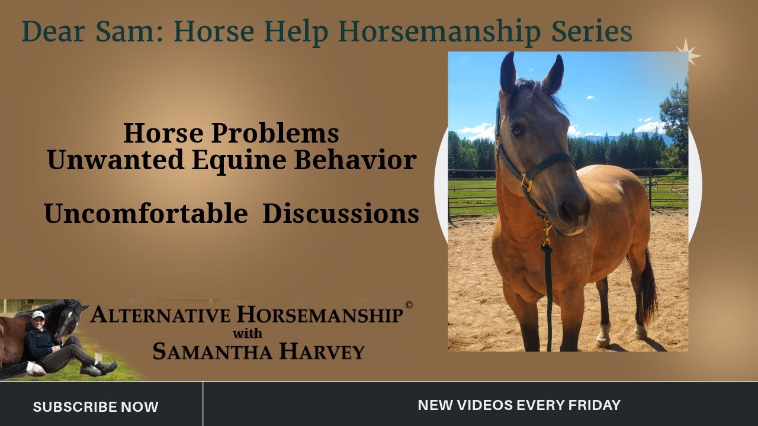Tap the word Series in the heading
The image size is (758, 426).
[x=592, y=33]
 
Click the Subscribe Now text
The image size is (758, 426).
[x=96, y=407]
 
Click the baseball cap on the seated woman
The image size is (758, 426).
[x=38, y=315]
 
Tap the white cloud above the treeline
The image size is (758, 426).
[x=650, y=127]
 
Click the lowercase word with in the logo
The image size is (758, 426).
[x=248, y=333]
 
